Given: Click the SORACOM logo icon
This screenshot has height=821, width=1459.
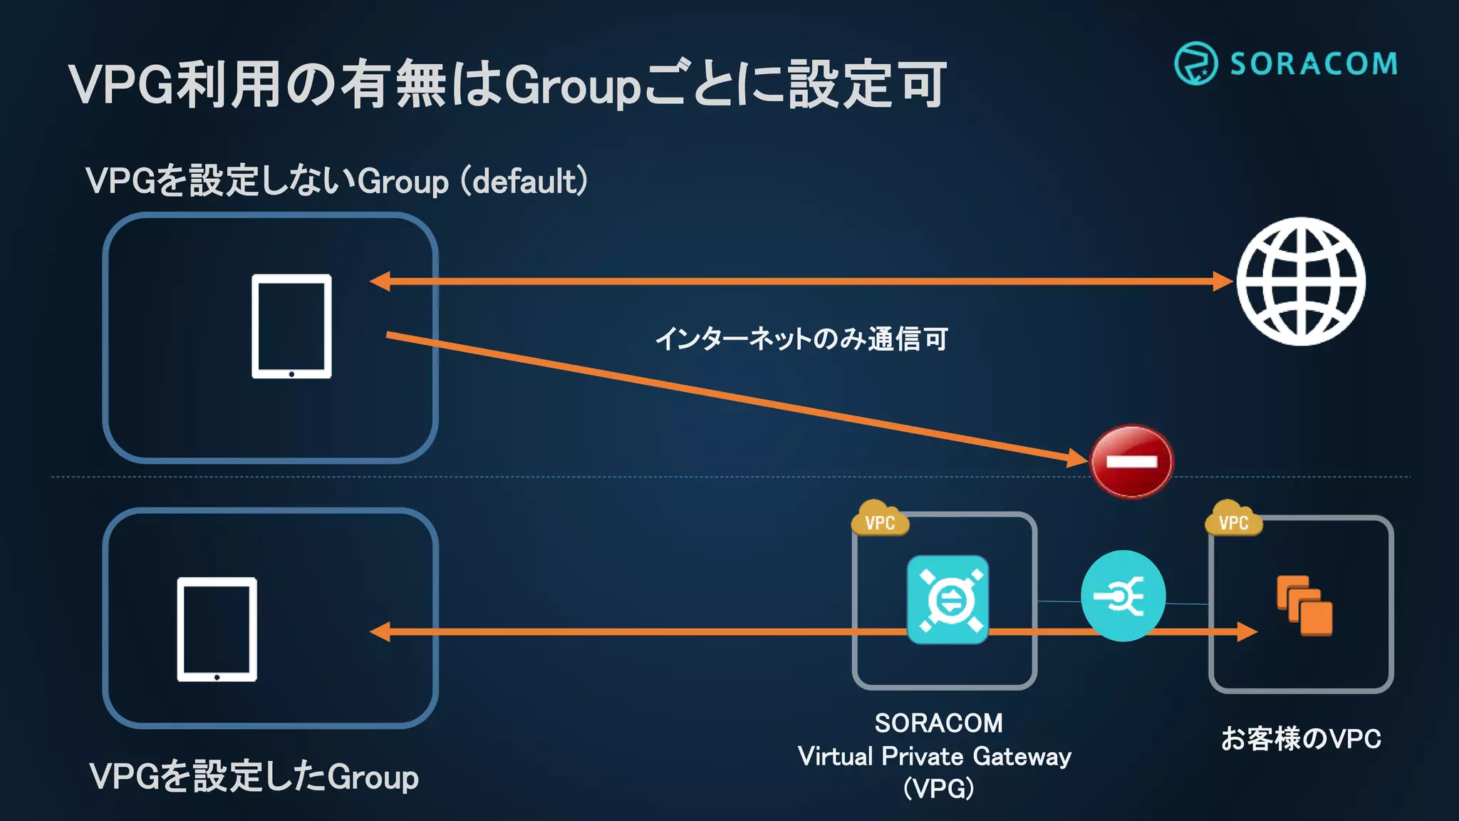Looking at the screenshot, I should pyautogui.click(x=1195, y=63).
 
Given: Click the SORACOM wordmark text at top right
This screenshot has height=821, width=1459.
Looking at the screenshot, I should pyautogui.click(x=1313, y=64).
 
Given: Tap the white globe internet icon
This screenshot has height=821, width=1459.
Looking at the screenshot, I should pyautogui.click(x=1301, y=282).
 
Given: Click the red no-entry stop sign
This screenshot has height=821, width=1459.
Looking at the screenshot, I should pyautogui.click(x=1131, y=461).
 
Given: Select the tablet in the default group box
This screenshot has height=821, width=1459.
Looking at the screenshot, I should pyautogui.click(x=291, y=326).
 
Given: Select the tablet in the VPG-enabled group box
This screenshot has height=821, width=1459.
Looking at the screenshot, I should pyautogui.click(x=217, y=629).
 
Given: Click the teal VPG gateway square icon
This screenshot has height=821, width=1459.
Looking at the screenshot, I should pyautogui.click(x=947, y=599).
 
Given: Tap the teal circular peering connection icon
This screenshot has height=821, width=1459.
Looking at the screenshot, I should pyautogui.click(x=1123, y=596).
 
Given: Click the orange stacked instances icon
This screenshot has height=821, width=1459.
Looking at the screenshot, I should pyautogui.click(x=1304, y=605).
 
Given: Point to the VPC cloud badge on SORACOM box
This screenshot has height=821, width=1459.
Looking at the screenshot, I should pyautogui.click(x=880, y=520).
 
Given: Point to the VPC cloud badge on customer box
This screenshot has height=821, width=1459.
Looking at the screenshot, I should pyautogui.click(x=1233, y=520).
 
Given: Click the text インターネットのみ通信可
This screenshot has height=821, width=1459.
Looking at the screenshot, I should pyautogui.click(x=801, y=339).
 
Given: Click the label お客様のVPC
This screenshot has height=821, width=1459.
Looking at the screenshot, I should pyautogui.click(x=1301, y=738).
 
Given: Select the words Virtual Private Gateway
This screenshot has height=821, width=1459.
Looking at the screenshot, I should pyautogui.click(x=934, y=756).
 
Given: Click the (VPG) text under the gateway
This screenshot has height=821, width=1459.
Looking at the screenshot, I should pyautogui.click(x=938, y=788).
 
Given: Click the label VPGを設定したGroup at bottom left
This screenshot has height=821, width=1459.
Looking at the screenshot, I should pyautogui.click(x=254, y=776).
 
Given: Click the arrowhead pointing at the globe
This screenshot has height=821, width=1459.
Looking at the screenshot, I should pyautogui.click(x=1222, y=282).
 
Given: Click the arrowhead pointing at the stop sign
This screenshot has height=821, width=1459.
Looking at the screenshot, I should pyautogui.click(x=1078, y=458).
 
